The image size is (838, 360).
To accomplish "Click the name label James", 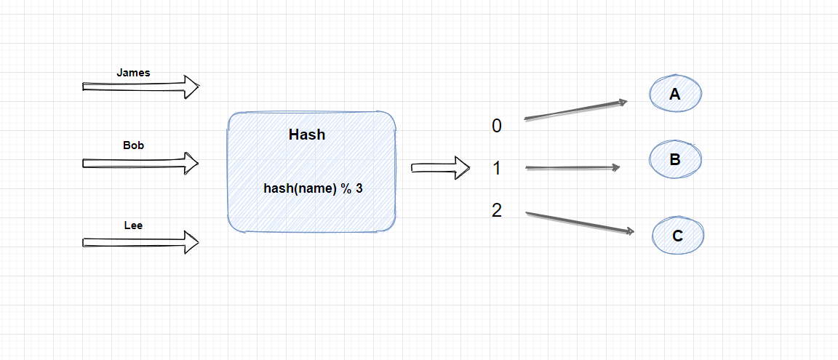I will (x=133, y=73).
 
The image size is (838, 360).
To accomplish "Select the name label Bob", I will (x=133, y=145).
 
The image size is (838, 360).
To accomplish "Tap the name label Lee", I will (x=133, y=225).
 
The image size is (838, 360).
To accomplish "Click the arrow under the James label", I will (x=140, y=87).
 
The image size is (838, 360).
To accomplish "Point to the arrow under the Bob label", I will (x=140, y=163).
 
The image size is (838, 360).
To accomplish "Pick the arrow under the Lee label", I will (x=140, y=241).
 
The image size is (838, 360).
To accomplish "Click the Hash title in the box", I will (x=307, y=135).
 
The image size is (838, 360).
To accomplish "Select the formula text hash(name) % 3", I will (x=313, y=188).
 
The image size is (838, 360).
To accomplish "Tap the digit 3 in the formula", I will (x=359, y=188).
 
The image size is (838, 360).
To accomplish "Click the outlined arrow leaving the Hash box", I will (x=441, y=168).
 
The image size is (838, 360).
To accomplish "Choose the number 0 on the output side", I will (x=497, y=126).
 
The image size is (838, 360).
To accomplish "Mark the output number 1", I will (x=497, y=169).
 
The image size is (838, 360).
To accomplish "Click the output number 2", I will (x=497, y=211).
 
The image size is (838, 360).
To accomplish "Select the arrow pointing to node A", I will (x=575, y=110).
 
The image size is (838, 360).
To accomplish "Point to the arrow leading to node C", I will (x=579, y=223).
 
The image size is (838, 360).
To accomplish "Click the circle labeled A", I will (x=676, y=94).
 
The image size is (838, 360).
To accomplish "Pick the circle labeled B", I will (x=675, y=160).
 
